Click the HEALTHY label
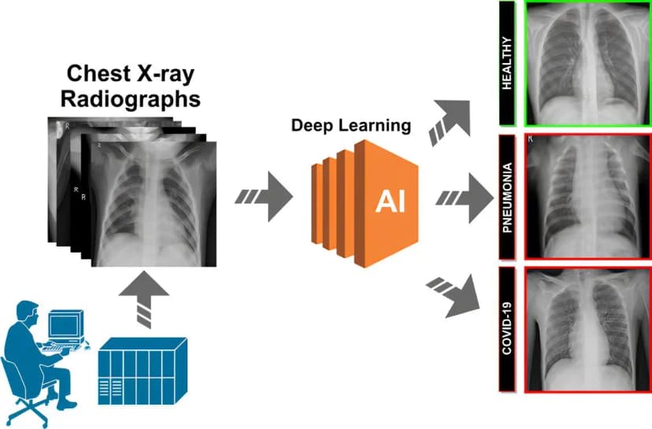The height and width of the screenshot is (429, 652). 507,63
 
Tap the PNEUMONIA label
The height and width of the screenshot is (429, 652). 508,197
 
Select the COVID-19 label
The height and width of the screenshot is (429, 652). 508,331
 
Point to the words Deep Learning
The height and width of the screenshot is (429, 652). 350,125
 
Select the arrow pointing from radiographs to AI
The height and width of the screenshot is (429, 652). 265,195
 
